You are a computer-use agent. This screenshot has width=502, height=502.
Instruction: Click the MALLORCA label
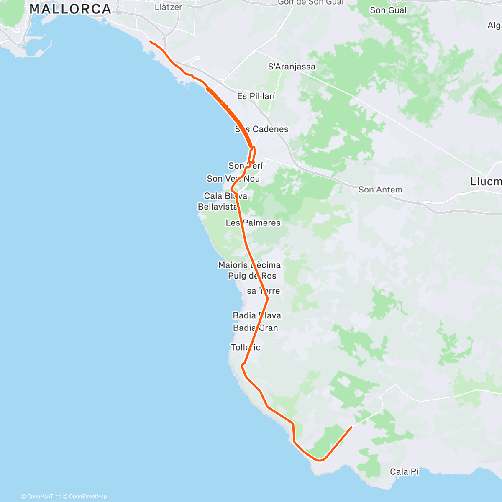[70, 9]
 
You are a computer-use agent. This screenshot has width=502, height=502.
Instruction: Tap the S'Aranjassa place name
[292, 67]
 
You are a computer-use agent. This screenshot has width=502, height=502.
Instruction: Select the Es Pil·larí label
[256, 96]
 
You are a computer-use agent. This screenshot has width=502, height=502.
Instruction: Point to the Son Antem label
[380, 190]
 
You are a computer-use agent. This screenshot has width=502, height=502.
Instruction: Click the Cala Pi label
[404, 472]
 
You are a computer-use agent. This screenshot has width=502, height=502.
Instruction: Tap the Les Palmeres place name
[253, 223]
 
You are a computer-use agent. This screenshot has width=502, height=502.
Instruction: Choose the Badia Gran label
[255, 328]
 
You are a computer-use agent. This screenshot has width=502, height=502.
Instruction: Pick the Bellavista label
[218, 207]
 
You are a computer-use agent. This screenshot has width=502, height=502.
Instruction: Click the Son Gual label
[388, 10]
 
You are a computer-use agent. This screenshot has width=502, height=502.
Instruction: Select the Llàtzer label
[168, 7]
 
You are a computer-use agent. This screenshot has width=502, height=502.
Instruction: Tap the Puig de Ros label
[252, 276]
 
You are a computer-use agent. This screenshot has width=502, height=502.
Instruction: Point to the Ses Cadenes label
[261, 129]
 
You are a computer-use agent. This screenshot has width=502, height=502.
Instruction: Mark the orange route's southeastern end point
[351, 427]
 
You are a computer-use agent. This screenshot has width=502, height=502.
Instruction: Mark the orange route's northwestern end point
[151, 42]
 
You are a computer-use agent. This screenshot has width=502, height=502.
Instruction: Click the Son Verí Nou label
[233, 179]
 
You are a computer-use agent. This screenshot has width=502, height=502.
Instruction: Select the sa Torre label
[263, 291]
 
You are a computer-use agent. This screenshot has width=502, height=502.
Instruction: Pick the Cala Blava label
[225, 196]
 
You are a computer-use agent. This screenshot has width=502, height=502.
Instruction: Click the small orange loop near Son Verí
[253, 155]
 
